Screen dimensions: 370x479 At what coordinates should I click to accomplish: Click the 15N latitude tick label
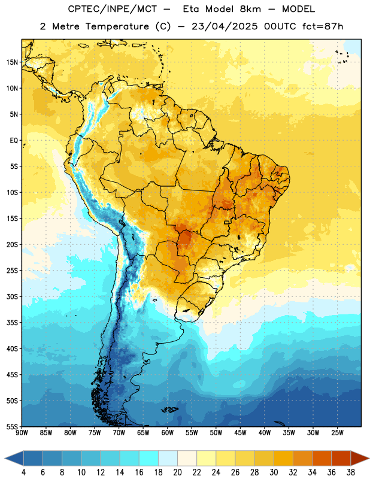12,62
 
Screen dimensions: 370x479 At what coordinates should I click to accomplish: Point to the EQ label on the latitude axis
14,141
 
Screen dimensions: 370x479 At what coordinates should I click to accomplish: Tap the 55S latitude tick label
12,426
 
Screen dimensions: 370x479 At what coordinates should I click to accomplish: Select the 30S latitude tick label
12,296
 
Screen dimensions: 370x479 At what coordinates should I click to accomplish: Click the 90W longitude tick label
22,433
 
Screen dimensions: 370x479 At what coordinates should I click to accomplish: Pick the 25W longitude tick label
337,433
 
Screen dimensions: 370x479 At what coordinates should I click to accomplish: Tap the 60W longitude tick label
168,433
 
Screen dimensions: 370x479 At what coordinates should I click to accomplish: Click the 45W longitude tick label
240,433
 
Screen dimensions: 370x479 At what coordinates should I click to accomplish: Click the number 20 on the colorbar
177,472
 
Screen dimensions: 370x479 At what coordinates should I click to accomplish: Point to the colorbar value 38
351,472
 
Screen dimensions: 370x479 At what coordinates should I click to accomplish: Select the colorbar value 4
23,472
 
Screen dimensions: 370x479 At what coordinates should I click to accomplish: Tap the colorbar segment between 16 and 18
149,458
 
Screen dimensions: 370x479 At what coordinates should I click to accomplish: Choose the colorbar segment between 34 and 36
322,458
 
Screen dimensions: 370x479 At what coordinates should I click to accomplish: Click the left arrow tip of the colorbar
5,458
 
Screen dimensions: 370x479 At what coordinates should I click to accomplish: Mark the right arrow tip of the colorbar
369,458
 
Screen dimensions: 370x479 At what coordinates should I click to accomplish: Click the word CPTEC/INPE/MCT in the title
112,9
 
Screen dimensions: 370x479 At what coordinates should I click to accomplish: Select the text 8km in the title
250,9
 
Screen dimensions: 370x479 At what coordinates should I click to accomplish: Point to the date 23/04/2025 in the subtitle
225,26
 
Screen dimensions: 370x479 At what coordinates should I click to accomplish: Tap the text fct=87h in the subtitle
323,26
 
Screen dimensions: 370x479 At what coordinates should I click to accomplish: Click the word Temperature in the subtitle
117,27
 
